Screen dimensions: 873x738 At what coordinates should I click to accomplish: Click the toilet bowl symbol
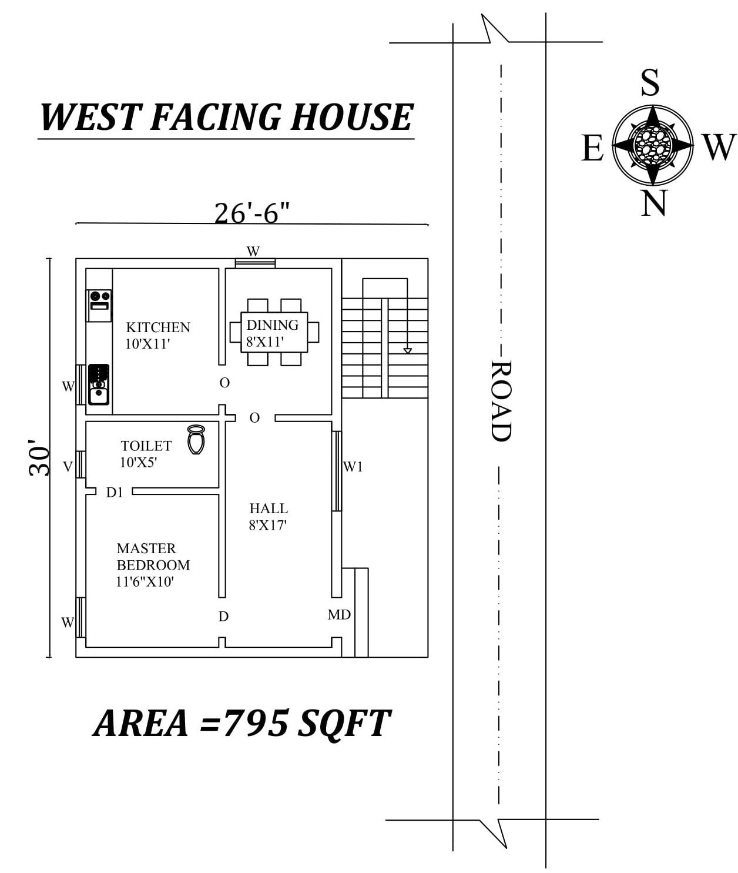[196, 440]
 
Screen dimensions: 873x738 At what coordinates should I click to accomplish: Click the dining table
[274, 333]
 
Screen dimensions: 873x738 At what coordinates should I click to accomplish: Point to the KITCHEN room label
[158, 327]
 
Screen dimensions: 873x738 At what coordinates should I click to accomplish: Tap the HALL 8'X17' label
[268, 517]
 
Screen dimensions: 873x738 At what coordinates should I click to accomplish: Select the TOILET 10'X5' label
[146, 454]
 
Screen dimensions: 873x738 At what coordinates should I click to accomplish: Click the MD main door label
[339, 615]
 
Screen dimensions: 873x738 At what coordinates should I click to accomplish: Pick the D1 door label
[115, 493]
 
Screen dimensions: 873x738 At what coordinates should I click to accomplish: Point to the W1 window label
[353, 467]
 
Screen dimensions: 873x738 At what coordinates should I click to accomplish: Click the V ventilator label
[68, 467]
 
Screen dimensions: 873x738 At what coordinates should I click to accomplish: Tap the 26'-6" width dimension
[252, 213]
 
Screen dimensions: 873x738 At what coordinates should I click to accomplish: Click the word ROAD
[501, 400]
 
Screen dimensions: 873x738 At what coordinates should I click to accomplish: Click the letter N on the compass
[653, 203]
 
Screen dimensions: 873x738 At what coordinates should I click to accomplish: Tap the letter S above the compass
[650, 82]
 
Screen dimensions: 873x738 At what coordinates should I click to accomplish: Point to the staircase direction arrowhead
[407, 351]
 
